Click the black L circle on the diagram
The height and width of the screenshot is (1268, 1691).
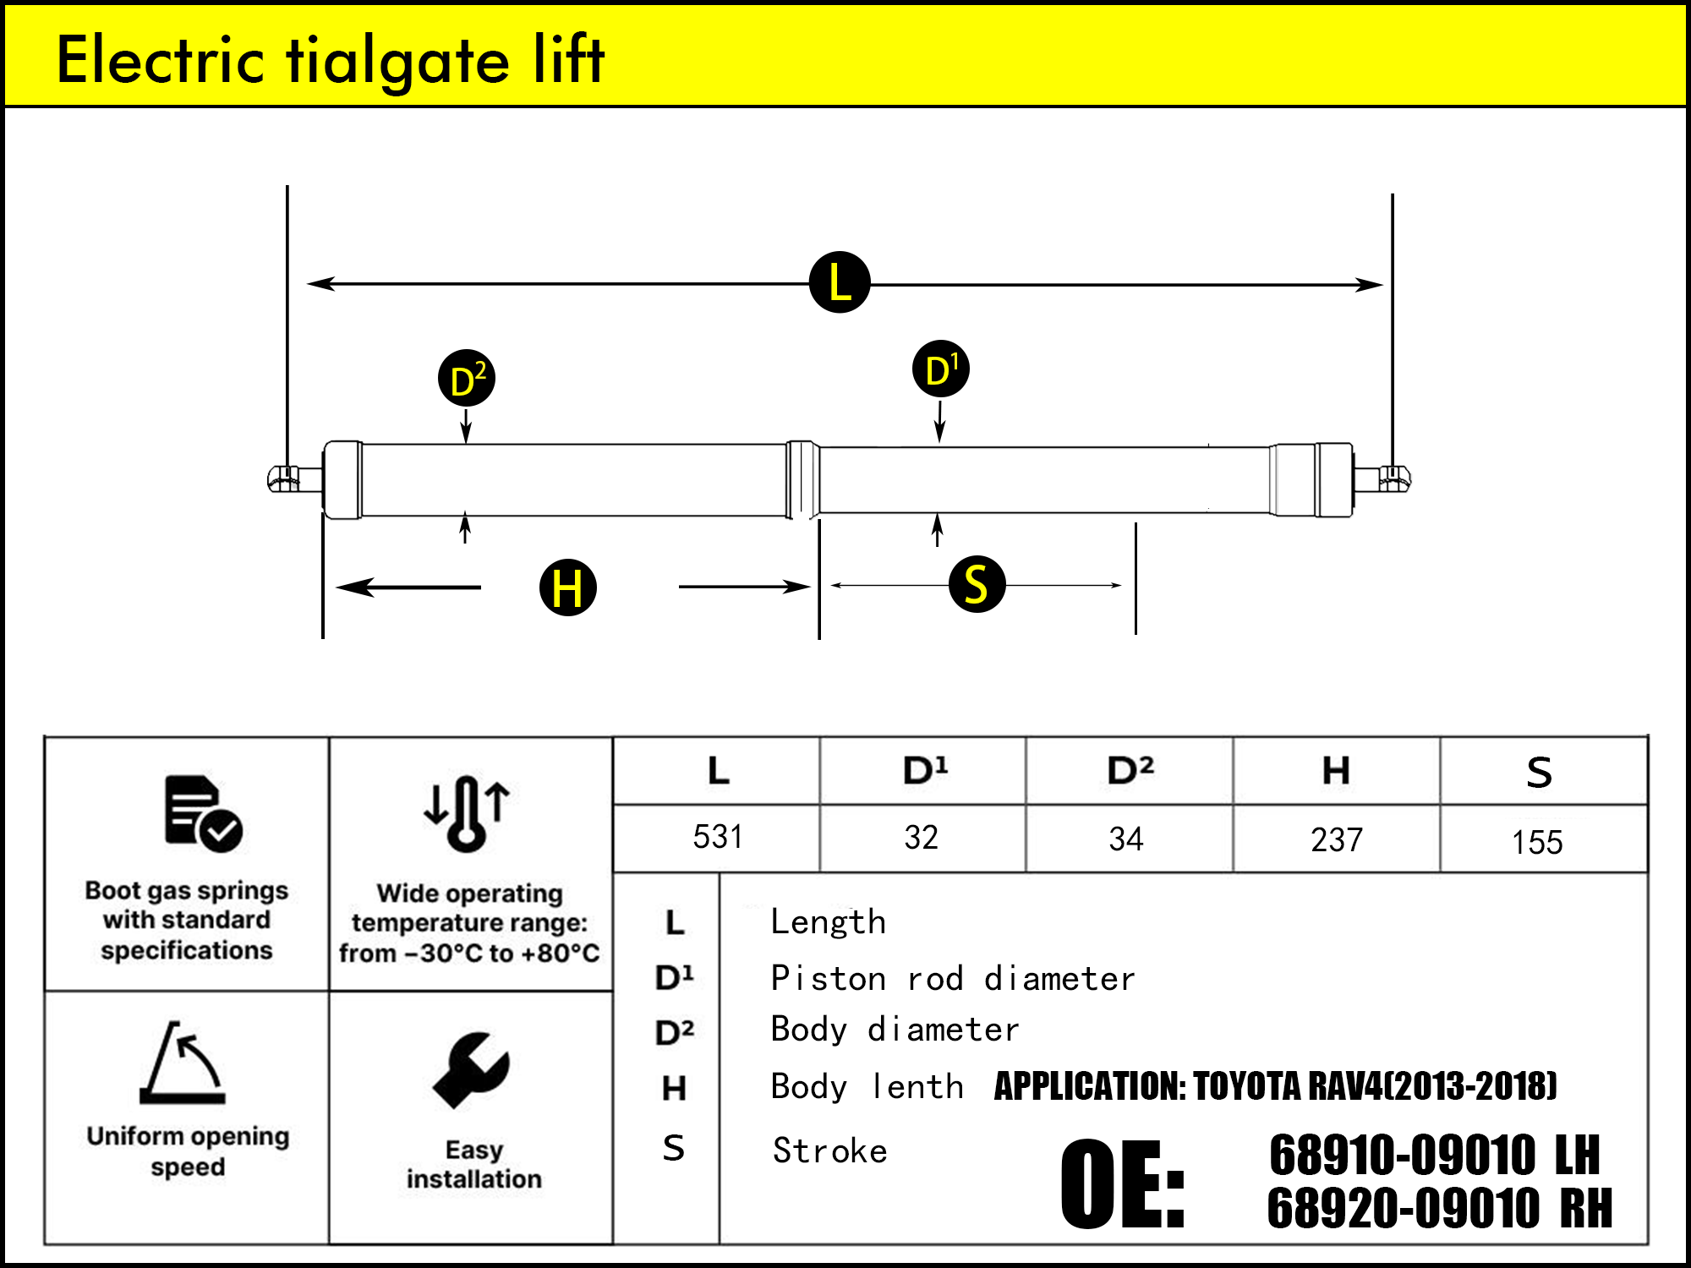pos(840,282)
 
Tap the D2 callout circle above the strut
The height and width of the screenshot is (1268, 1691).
pos(467,378)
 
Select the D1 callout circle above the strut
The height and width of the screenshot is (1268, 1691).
pos(941,369)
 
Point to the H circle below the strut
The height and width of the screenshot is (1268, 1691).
pos(568,587)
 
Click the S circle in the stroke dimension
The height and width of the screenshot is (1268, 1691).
pos(977,584)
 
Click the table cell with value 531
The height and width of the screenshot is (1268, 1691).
pos(717,837)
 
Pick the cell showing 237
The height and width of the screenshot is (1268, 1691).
pos(1337,839)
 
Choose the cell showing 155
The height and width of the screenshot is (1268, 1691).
pos(1537,842)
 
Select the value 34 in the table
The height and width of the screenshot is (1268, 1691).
pos(1126,839)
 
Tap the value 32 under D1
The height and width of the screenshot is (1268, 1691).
pos(922,837)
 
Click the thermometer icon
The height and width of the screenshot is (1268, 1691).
pos(467,812)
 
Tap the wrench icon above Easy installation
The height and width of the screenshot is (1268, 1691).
pos(471,1069)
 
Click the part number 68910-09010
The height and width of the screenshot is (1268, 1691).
pos(1402,1155)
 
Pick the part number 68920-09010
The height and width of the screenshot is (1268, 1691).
pos(1404,1208)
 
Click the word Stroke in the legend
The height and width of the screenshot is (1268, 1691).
pos(830,1150)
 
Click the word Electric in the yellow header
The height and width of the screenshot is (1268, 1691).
pos(161,60)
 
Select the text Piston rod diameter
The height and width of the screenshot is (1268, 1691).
pos(953,978)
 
